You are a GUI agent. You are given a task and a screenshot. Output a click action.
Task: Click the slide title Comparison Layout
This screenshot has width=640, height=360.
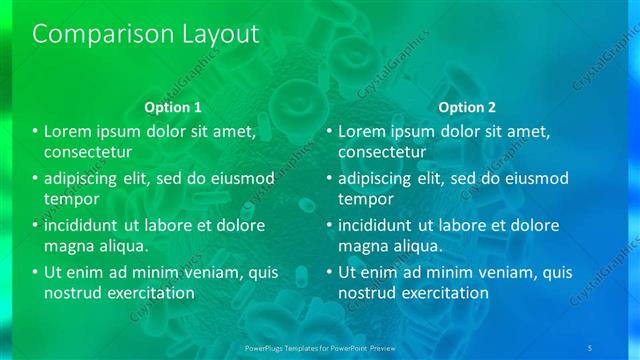146,33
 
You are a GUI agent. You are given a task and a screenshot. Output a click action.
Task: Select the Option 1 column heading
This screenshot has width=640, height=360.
173,106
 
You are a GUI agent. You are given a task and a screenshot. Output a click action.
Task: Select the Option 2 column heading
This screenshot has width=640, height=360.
467,106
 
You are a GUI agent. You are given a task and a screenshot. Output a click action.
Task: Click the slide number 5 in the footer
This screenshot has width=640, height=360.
590,347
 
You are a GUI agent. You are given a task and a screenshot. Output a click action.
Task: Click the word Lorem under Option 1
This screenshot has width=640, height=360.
69,131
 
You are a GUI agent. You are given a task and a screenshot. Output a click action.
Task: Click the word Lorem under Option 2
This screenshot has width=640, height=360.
363,131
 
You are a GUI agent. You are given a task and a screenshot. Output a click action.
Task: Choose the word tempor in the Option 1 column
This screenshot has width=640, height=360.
68,199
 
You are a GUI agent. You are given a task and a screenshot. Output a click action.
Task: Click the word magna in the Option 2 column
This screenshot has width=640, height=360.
362,245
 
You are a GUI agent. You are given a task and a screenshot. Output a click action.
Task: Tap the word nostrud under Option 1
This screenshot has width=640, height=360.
71,293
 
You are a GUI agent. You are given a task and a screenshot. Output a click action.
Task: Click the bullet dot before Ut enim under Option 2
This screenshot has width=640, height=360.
330,272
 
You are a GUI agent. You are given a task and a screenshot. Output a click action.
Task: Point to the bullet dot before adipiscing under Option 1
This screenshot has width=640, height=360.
36,178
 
